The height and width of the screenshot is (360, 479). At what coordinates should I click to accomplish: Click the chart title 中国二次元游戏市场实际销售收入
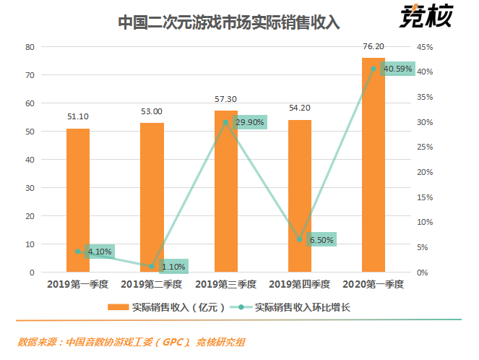(228, 22)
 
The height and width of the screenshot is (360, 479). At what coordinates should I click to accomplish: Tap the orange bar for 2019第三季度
(225, 192)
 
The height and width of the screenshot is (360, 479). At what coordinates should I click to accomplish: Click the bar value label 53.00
(152, 111)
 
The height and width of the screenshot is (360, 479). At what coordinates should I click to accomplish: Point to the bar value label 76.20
(374, 46)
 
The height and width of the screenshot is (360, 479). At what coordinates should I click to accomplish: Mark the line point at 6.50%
(300, 239)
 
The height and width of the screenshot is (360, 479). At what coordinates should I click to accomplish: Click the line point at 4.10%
(78, 252)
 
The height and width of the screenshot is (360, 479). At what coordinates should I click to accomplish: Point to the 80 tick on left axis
(30, 47)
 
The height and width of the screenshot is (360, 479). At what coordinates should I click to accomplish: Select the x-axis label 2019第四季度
(299, 284)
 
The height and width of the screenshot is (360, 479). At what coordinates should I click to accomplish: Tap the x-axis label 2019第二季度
(152, 284)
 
